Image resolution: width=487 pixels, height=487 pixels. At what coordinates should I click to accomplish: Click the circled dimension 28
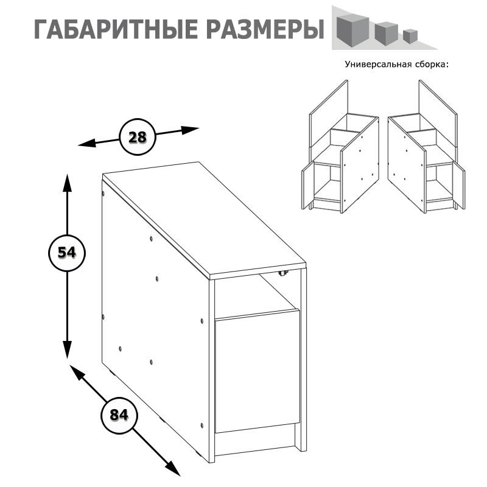138,137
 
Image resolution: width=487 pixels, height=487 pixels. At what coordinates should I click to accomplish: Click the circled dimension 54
67,253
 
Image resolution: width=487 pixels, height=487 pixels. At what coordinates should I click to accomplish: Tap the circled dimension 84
119,415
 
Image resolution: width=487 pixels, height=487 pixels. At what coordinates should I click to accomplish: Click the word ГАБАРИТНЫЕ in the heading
116,29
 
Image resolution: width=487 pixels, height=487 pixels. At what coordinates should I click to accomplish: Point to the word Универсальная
378,65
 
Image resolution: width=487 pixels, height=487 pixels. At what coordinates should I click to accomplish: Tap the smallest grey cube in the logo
410,36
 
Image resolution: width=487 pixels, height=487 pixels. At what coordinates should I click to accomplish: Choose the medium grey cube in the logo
387,33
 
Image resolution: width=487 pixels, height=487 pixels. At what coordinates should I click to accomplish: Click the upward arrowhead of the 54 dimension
67,183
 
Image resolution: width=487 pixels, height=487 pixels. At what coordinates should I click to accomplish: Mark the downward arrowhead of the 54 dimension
67,349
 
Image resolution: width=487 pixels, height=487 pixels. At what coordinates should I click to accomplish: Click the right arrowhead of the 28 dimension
190,130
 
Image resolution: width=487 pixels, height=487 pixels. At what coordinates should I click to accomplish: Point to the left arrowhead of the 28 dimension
86,144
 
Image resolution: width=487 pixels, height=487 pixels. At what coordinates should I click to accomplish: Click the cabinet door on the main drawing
257,371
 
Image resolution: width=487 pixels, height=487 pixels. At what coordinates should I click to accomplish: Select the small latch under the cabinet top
283,273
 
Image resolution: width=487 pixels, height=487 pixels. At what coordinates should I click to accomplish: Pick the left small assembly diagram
340,147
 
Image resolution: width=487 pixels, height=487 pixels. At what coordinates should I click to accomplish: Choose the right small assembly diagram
427,147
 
